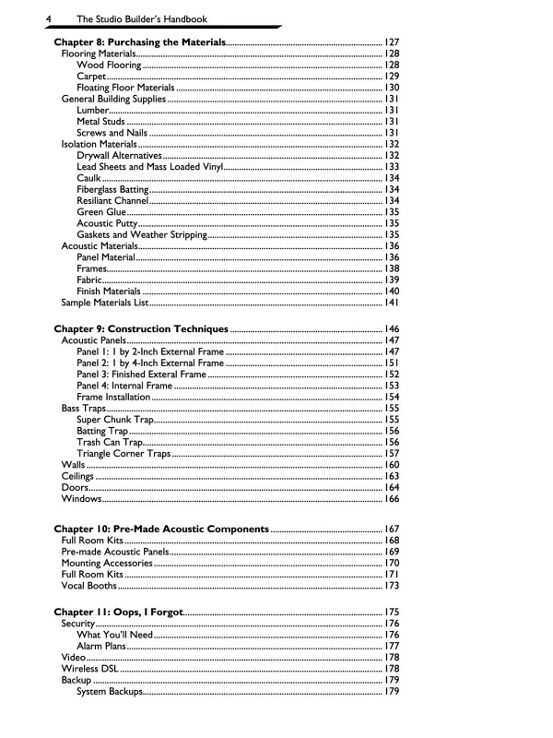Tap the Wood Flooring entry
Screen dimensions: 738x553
click(x=109, y=65)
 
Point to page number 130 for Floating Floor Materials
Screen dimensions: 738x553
click(x=391, y=88)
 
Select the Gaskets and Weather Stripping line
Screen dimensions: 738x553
click(x=141, y=234)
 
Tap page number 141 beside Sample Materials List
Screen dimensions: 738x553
click(x=391, y=302)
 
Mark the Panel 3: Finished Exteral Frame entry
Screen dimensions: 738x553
click(x=141, y=375)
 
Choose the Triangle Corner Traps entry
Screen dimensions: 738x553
click(x=124, y=453)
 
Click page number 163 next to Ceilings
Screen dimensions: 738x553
click(x=391, y=476)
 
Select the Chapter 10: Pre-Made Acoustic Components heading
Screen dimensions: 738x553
click(x=161, y=530)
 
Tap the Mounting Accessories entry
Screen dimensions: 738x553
click(x=107, y=563)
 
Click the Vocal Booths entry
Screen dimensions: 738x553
click(x=89, y=585)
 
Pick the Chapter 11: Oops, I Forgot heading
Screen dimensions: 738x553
click(x=119, y=613)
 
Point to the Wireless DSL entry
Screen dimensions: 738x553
click(x=91, y=669)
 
